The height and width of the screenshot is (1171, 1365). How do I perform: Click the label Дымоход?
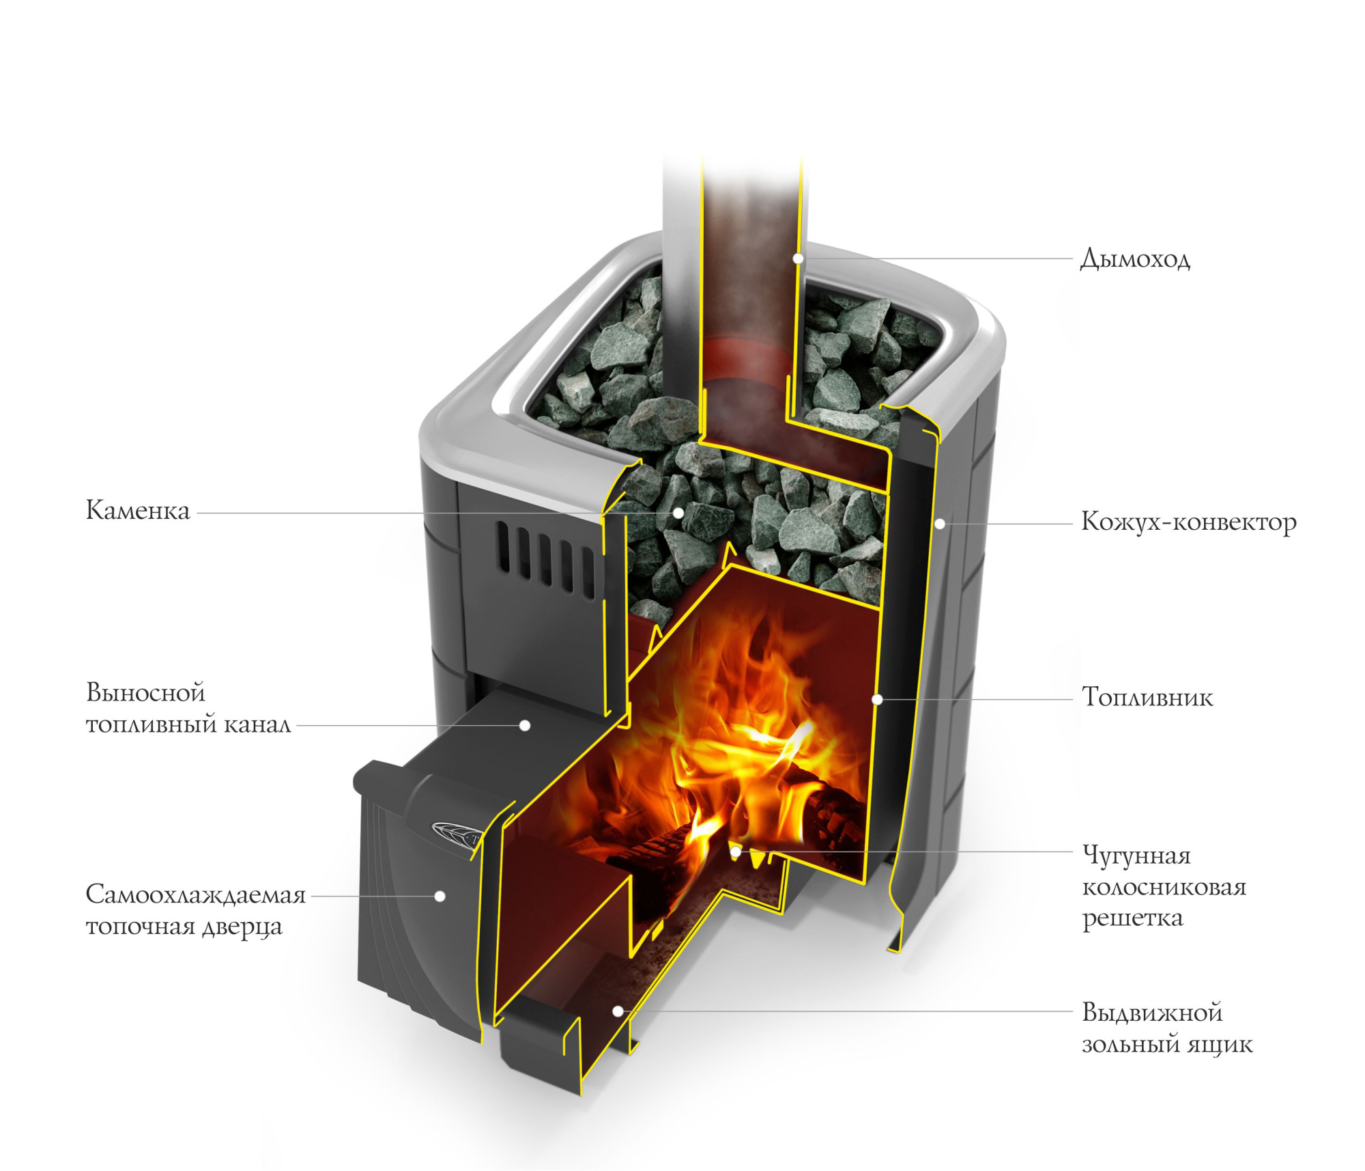pos(1135,259)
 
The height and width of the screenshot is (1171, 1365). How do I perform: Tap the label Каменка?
pos(138,511)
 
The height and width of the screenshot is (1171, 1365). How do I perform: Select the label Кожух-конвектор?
pos(1188,522)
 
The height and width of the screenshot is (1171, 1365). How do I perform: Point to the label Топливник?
pos(1147,697)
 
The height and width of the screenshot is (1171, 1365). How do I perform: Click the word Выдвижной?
pos(1152,1013)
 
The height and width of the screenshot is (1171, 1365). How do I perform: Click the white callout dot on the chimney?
pos(798,259)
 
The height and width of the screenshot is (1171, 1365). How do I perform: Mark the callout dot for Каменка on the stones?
pos(678,513)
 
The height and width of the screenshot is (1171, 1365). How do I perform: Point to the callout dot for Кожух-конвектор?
pos(940,524)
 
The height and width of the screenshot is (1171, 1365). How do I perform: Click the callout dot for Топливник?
pos(878,699)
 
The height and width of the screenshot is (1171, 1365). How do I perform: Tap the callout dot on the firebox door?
pos(440,896)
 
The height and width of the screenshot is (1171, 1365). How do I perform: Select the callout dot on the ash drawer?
pos(618,1011)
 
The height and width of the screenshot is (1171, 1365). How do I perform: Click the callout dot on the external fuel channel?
pos(525,725)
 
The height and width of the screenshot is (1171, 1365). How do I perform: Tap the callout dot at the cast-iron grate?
pos(736,851)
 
